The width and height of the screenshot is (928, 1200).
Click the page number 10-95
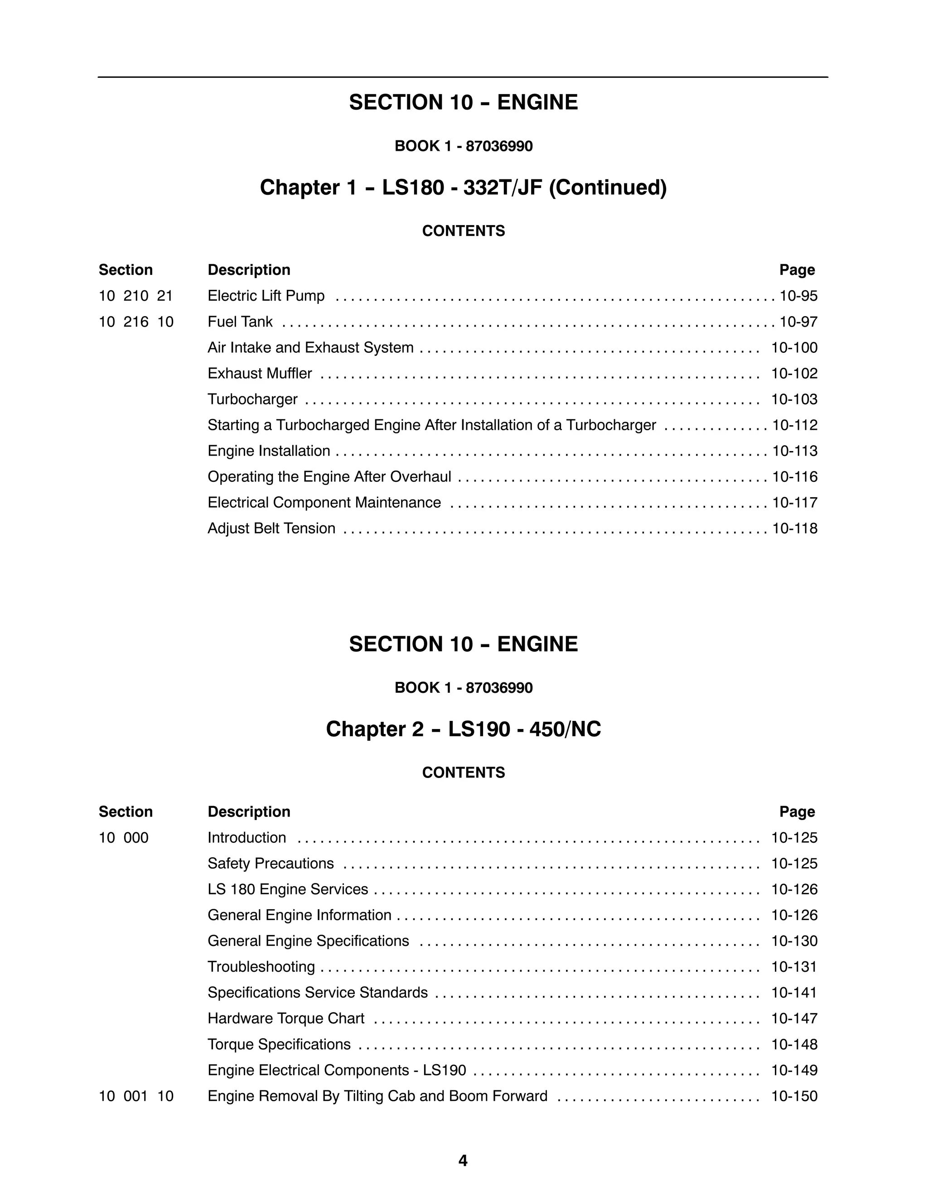click(798, 296)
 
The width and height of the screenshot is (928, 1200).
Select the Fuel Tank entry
click(240, 322)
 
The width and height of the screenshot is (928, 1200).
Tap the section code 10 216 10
click(136, 322)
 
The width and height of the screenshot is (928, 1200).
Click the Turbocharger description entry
click(252, 399)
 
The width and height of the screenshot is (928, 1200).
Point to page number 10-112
click(794, 425)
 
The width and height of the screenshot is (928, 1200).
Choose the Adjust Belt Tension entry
click(271, 528)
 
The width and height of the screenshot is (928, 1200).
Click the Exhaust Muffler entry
click(260, 374)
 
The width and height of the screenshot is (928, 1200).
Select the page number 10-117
click(794, 503)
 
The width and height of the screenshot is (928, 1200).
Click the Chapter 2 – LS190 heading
click(463, 729)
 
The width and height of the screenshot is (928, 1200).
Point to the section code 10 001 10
click(136, 1096)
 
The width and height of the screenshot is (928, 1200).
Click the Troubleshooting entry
click(261, 967)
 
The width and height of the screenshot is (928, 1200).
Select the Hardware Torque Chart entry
click(286, 1019)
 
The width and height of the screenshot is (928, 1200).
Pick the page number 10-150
click(794, 1096)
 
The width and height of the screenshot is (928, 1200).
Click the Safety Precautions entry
click(271, 864)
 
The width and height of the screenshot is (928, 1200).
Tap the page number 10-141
click(794, 993)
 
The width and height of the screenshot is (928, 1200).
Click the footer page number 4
click(463, 1161)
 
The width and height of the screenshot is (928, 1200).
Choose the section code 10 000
click(124, 838)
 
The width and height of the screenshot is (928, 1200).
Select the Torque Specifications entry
click(279, 1045)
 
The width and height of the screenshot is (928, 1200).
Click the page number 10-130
click(794, 941)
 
